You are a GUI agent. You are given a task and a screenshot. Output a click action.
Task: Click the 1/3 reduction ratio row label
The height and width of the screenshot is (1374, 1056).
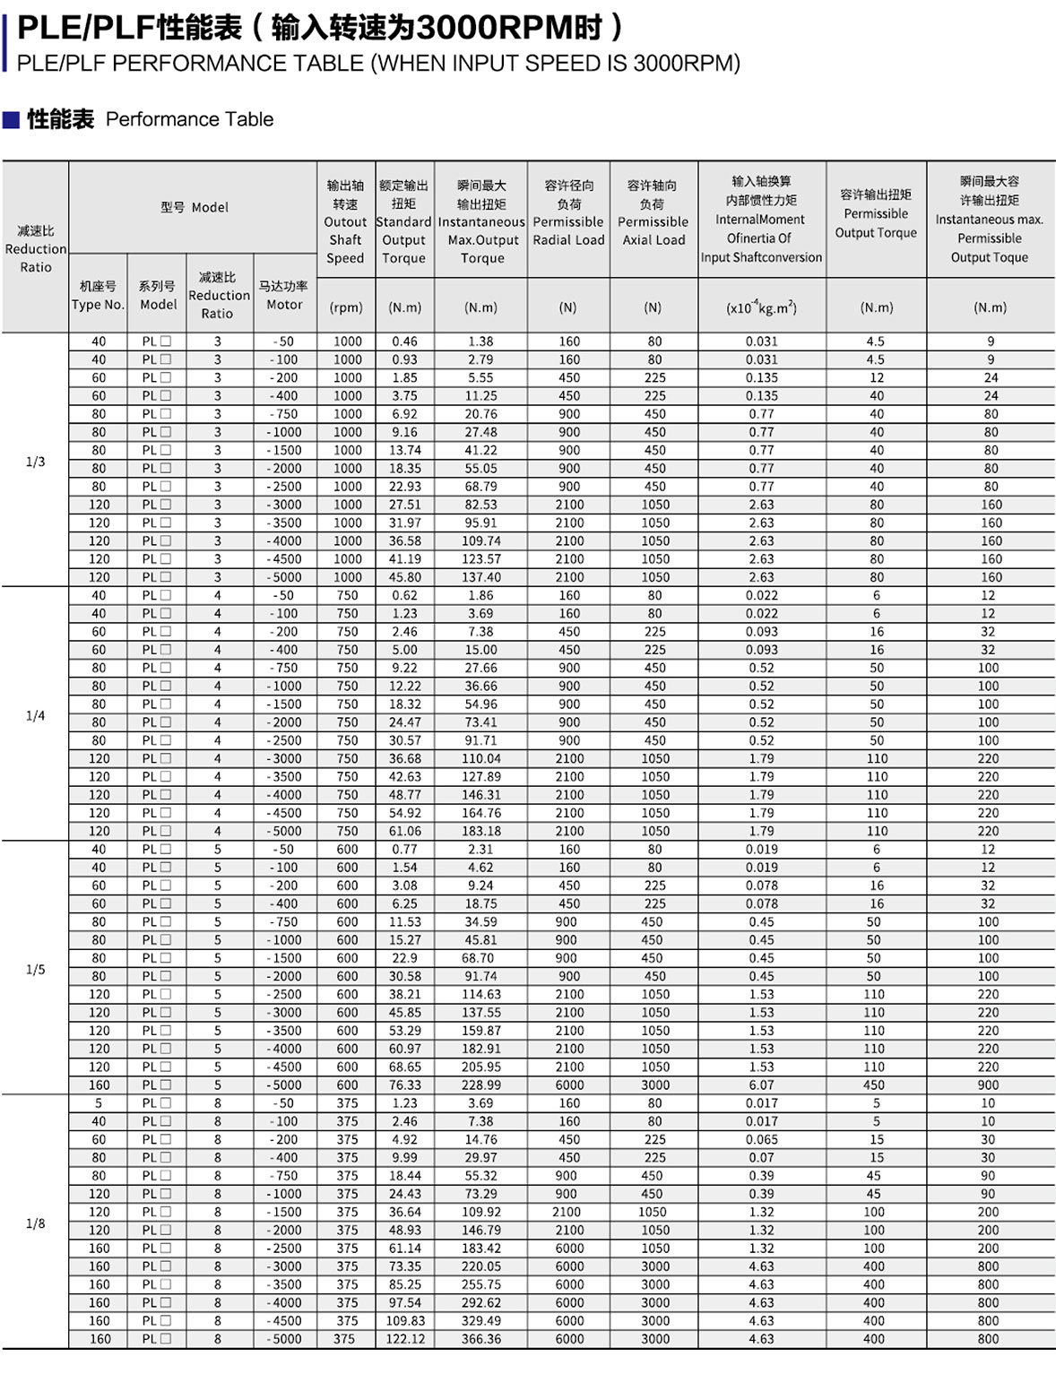pos(35,462)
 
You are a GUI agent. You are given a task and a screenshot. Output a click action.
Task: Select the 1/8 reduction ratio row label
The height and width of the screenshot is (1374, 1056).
pos(35,1223)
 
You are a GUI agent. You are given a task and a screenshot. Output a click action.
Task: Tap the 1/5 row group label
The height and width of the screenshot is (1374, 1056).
pos(35,970)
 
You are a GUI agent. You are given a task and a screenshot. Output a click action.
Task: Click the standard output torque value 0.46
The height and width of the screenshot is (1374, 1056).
pos(404,341)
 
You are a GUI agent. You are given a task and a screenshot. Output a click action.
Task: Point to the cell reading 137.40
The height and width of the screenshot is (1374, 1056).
pos(481,577)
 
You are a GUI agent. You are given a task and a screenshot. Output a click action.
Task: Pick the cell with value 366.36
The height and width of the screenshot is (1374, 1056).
pos(481,1339)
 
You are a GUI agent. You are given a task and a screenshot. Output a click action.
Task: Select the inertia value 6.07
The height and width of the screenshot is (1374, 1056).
pos(762,1085)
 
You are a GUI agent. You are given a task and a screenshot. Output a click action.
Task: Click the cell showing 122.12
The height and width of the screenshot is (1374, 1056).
pos(405,1339)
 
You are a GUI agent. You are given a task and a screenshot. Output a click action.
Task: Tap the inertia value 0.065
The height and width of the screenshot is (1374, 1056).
pos(762,1139)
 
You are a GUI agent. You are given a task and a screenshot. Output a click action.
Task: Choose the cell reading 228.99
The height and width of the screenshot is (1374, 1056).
pos(481,1085)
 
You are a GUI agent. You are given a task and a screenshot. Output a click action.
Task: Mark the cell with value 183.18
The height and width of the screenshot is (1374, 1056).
pos(481,831)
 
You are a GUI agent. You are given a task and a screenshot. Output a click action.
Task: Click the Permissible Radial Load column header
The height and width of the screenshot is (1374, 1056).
pos(568,213)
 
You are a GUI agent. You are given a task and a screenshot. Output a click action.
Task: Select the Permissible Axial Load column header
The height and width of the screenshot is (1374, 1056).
pos(654,213)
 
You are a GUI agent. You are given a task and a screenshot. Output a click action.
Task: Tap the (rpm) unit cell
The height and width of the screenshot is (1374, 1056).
pos(346,307)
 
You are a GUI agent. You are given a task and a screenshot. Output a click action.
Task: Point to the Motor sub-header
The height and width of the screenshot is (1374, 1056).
pos(284,296)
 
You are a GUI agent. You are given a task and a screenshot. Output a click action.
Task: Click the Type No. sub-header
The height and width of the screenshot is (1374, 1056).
pos(98,296)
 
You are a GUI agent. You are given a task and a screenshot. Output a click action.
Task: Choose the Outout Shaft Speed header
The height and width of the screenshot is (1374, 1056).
pos(345,221)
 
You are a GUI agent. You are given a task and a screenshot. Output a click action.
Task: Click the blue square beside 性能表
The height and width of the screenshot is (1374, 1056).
pos(11,119)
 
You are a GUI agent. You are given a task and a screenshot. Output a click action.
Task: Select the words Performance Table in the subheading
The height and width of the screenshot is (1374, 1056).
pos(189,119)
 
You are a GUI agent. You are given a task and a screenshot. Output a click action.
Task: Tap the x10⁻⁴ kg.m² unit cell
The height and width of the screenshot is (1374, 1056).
pos(761,307)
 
